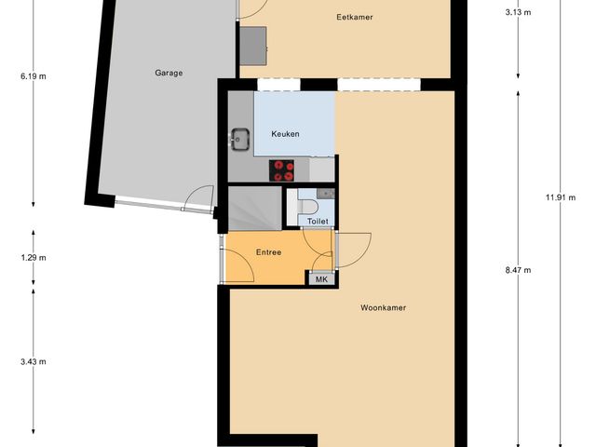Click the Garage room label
pos(169,72)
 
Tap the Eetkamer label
pos(348,17)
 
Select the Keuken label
pos(285,135)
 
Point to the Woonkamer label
pos(383,307)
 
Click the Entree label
pos(268,252)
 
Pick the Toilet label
pos(318,222)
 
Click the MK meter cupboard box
pos(321,279)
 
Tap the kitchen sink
pos(239,140)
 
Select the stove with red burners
pos(282,170)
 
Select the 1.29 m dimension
pos(34,258)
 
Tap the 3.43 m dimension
pos(34,361)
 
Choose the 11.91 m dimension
pos(559,196)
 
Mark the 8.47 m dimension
pos(518,270)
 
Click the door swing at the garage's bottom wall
pos(196,198)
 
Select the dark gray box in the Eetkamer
pos(252,41)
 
